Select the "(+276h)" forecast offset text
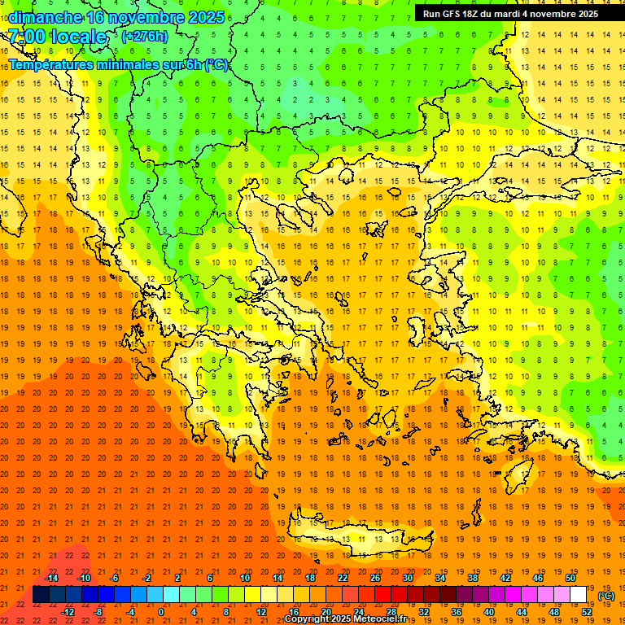point(145,36)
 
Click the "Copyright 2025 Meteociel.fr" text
point(345,619)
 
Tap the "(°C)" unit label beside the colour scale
point(606,596)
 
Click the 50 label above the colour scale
point(570,578)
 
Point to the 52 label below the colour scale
point(587,611)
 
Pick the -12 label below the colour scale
point(68,611)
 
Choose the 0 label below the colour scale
point(161,611)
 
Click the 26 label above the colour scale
point(375,578)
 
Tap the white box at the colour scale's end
point(579,595)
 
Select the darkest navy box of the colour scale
point(41,595)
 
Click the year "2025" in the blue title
point(200,17)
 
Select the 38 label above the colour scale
point(473,578)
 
